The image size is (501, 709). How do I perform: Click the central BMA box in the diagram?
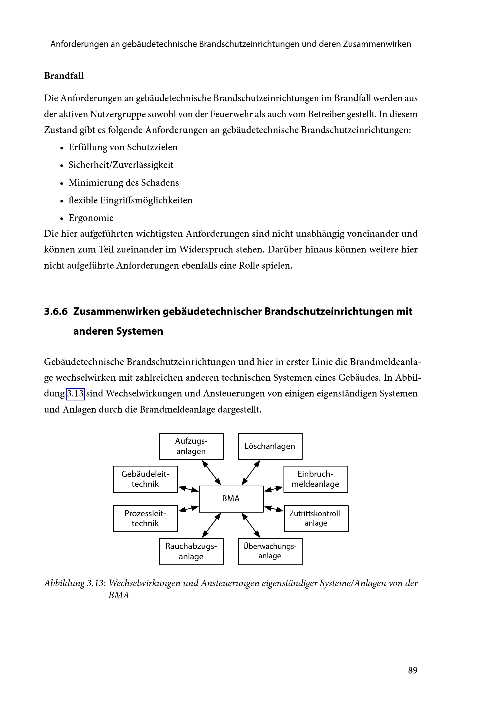pyautogui.click(x=231, y=499)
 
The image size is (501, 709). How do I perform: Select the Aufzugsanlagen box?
pyautogui.click(x=191, y=446)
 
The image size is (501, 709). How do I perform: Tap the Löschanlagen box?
pyautogui.click(x=270, y=446)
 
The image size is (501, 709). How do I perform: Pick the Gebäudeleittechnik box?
pyautogui.click(x=145, y=479)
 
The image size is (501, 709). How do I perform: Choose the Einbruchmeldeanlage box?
pyautogui.click(x=316, y=479)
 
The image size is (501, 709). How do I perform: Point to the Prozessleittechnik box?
pyautogui.click(x=145, y=518)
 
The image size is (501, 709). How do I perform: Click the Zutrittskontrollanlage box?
pyautogui.click(x=316, y=518)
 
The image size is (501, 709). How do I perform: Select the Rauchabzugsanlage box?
pyautogui.click(x=191, y=551)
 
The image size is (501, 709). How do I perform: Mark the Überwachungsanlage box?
pyautogui.click(x=270, y=551)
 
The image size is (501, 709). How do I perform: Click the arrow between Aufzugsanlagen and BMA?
pyautogui.click(x=212, y=473)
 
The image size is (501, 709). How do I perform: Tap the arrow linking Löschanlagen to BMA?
pyautogui.click(x=251, y=473)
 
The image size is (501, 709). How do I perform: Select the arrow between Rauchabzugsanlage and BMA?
pyautogui.click(x=212, y=525)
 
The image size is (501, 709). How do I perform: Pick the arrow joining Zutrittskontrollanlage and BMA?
pyautogui.click(x=274, y=509)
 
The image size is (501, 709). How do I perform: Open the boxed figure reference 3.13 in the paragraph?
pyautogui.click(x=75, y=394)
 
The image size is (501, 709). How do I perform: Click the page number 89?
pyautogui.click(x=413, y=671)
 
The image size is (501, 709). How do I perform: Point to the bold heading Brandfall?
pyautogui.click(x=64, y=76)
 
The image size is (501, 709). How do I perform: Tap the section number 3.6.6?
pyautogui.click(x=55, y=311)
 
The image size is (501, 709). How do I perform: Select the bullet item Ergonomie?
pyautogui.click(x=91, y=218)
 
